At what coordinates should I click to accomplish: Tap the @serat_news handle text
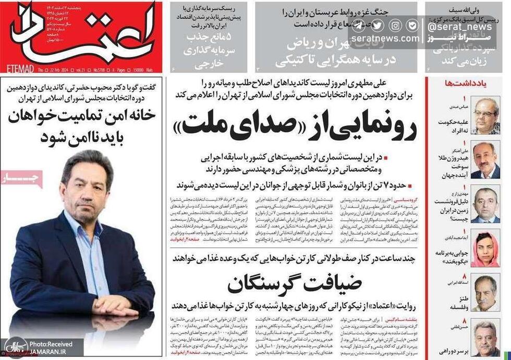coord(459,27)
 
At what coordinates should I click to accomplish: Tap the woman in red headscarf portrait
coord(485,249)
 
